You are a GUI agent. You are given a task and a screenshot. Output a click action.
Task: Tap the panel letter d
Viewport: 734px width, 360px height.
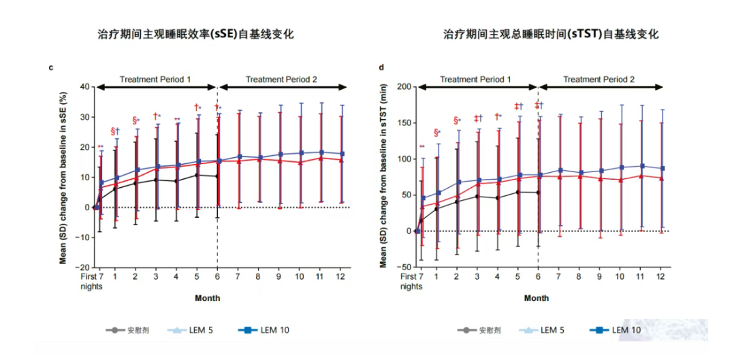click(381, 67)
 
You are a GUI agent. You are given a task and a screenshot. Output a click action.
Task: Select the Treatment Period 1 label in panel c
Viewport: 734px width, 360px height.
click(155, 80)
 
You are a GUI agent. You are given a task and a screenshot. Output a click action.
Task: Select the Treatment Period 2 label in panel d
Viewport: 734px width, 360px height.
click(601, 80)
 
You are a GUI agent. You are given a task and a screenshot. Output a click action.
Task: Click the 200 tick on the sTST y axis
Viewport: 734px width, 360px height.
click(402, 87)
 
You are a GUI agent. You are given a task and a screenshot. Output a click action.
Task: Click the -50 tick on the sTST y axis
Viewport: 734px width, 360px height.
click(403, 267)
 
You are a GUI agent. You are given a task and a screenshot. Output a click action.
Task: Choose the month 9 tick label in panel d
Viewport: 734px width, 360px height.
click(600, 278)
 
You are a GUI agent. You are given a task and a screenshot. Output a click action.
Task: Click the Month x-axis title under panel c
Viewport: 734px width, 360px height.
click(207, 298)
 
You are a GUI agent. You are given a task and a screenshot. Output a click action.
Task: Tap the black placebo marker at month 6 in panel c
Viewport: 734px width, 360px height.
click(217, 176)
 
